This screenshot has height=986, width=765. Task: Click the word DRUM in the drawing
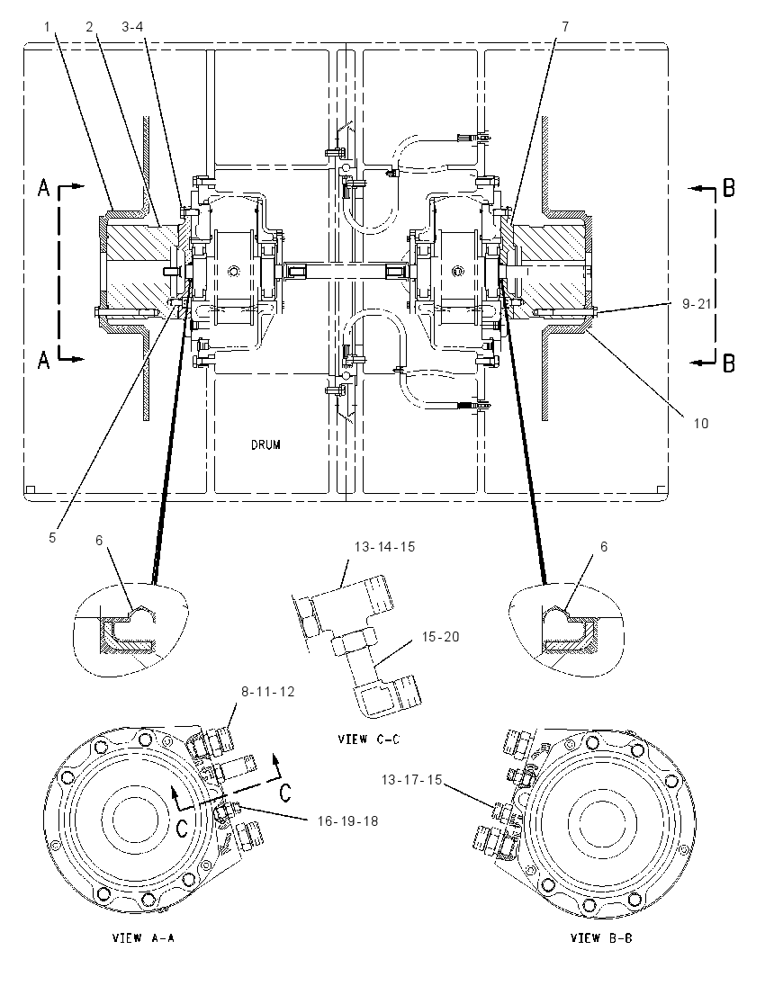pyautogui.click(x=265, y=444)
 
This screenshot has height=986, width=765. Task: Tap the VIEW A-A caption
pyautogui.click(x=143, y=937)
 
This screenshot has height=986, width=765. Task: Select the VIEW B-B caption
pyautogui.click(x=601, y=937)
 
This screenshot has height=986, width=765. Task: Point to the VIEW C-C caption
pyautogui.click(x=369, y=739)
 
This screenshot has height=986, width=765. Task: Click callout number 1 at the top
pyautogui.click(x=47, y=26)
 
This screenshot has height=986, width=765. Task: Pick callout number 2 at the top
pyautogui.click(x=89, y=26)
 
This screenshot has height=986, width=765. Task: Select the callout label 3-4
pyautogui.click(x=132, y=26)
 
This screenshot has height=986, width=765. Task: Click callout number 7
pyautogui.click(x=565, y=26)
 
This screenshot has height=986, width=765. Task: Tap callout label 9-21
pyautogui.click(x=697, y=304)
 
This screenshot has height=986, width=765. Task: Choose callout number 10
pyautogui.click(x=701, y=423)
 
